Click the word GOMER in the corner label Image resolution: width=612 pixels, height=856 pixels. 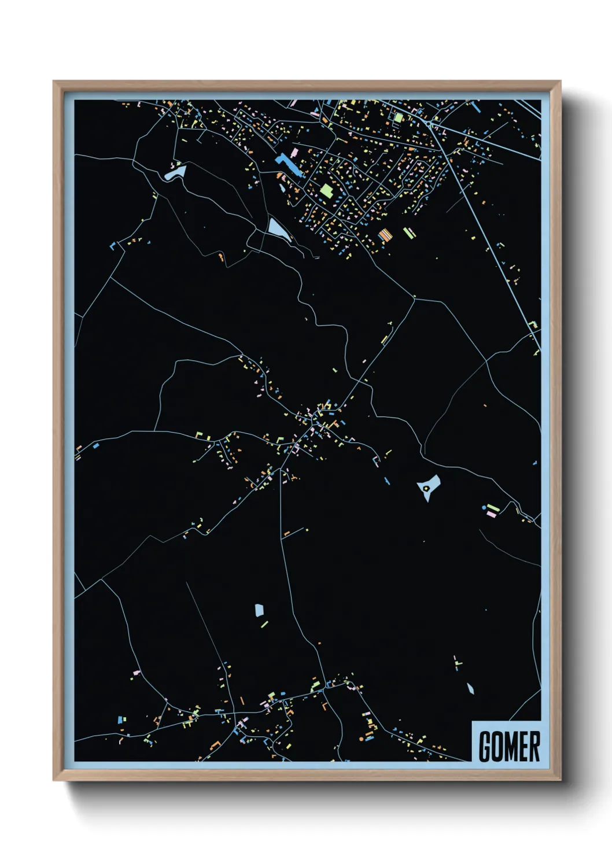pyautogui.click(x=509, y=746)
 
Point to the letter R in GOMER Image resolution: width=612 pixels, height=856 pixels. pyautogui.click(x=534, y=746)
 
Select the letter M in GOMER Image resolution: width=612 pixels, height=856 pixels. pyautogui.click(x=510, y=746)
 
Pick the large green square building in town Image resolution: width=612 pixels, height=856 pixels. pyautogui.click(x=326, y=191)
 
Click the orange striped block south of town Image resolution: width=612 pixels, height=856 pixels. pyautogui.click(x=385, y=235)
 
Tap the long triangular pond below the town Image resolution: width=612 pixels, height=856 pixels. pyautogui.click(x=278, y=229)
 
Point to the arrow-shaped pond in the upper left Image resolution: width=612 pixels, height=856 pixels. pyautogui.click(x=175, y=172)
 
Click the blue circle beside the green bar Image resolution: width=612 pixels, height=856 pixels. pyautogui.click(x=484, y=507)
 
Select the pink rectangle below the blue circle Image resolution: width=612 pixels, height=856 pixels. pyautogui.click(x=492, y=514)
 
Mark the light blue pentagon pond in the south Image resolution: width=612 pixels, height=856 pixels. pyautogui.click(x=259, y=610)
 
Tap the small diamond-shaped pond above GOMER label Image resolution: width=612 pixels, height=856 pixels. pyautogui.click(x=470, y=688)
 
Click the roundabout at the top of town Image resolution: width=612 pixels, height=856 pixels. pyautogui.click(x=429, y=123)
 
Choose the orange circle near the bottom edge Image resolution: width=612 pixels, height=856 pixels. pyautogui.click(x=362, y=739)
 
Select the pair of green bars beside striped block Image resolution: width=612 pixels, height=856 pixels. pyautogui.click(x=409, y=233)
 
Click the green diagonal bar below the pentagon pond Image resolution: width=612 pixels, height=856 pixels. pyautogui.click(x=264, y=624)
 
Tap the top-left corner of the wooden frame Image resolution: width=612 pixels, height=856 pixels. pyautogui.click(x=54, y=82)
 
